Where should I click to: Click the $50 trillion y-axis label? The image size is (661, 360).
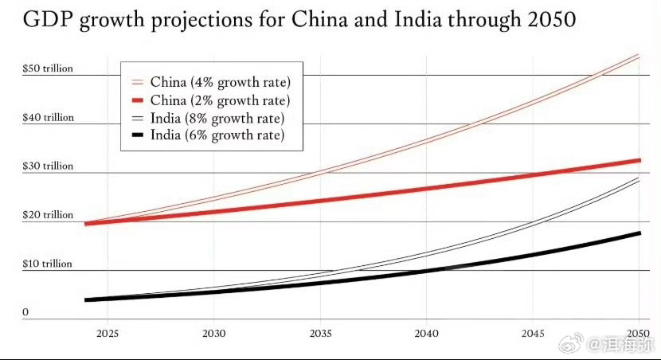pos(48,68)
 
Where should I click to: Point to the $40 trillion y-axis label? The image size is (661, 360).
pos(48,118)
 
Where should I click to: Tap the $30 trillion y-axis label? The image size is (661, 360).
pos(48,166)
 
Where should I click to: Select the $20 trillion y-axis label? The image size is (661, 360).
pos(48,215)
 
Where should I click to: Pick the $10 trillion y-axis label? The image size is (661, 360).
pos(48,264)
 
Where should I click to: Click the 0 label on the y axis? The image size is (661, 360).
pos(25,313)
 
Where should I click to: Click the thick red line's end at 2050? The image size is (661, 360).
pos(639,160)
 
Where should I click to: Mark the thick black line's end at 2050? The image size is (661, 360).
pos(639,233)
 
